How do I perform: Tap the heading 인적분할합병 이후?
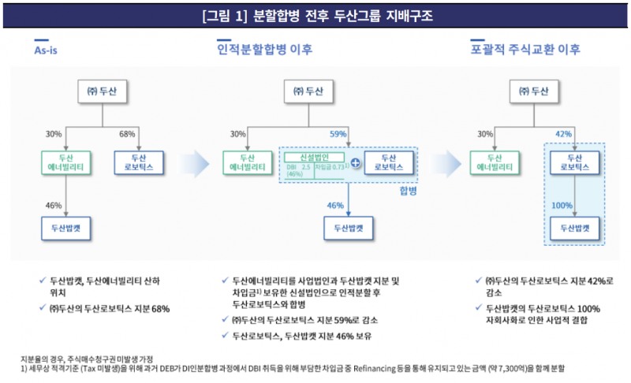pos(264,49)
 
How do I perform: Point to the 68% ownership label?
pos(127,134)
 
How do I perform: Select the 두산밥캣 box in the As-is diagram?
pos(66,228)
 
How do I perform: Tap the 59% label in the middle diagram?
pos(338,134)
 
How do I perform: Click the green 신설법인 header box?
pos(313,157)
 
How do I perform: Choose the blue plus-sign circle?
pos(356,163)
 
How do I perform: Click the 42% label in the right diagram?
pos(563,134)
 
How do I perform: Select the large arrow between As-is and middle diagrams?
pos(199,163)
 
